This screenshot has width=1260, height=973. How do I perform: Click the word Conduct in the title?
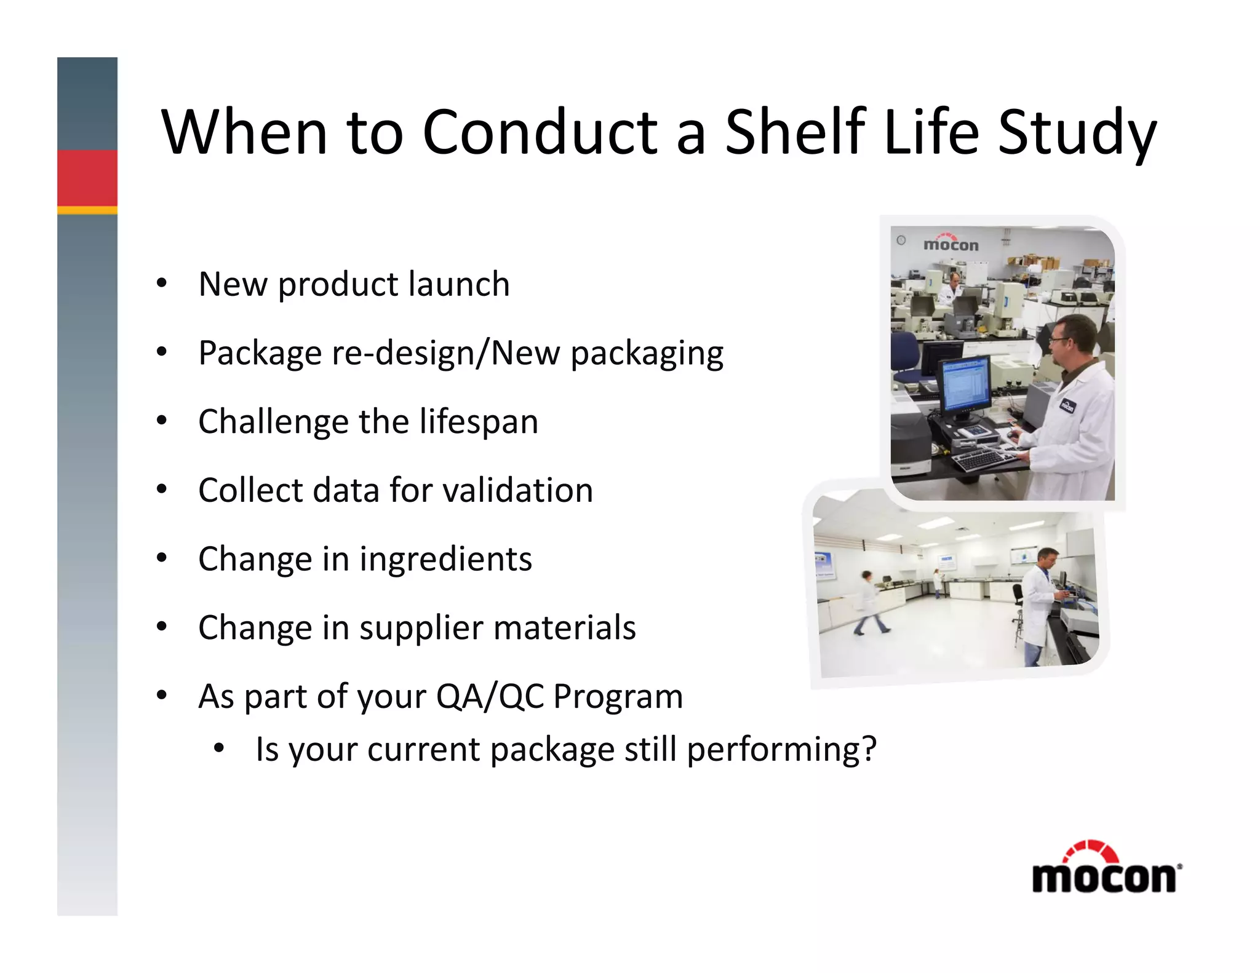[540, 132]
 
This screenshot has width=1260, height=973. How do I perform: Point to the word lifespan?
[479, 422]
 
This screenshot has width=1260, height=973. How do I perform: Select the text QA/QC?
[490, 697]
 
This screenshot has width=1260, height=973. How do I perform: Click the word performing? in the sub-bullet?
[781, 750]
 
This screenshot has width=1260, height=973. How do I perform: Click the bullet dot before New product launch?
[161, 284]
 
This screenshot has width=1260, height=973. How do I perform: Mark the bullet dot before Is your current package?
[218, 749]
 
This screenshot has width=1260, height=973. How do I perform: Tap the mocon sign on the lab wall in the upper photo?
[951, 244]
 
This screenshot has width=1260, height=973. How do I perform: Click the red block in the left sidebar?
[87, 178]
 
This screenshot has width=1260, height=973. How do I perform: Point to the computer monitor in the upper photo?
[964, 386]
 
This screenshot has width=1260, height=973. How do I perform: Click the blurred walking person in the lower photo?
[869, 603]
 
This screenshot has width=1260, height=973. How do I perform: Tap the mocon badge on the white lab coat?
[1067, 405]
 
